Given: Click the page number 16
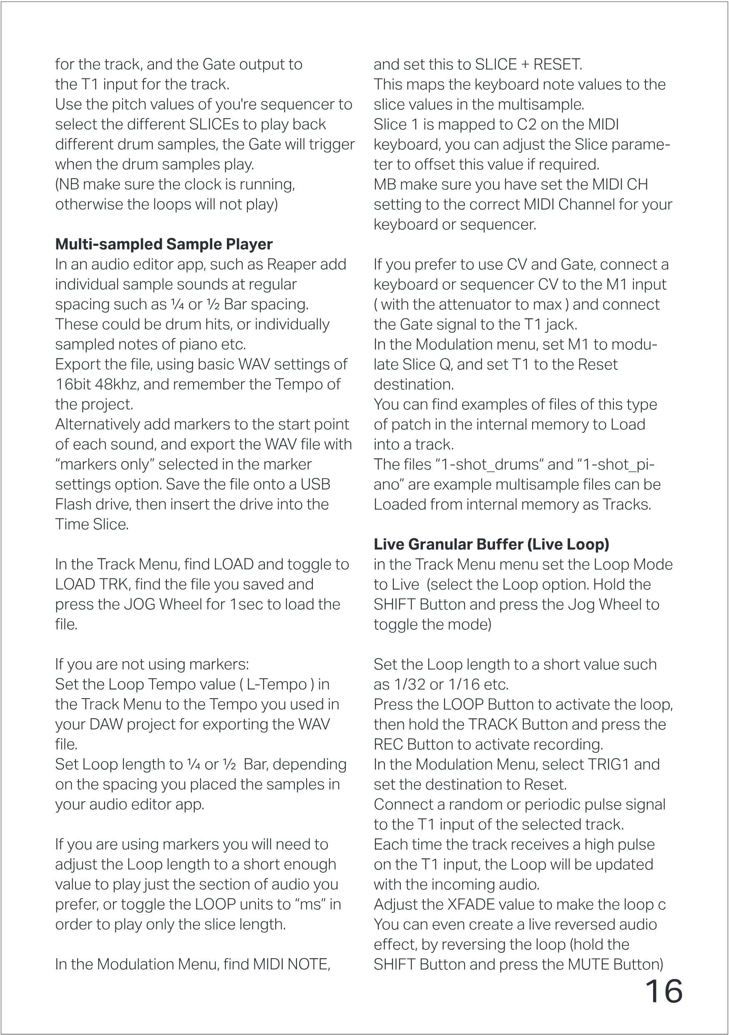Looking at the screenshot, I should [x=664, y=992].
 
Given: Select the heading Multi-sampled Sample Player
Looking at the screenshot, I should [x=163, y=244].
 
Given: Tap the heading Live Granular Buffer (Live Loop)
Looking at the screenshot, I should [x=491, y=544].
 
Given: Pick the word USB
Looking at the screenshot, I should [x=315, y=484].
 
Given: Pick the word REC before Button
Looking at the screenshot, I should [x=388, y=744].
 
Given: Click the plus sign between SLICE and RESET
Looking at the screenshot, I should [x=525, y=64].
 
